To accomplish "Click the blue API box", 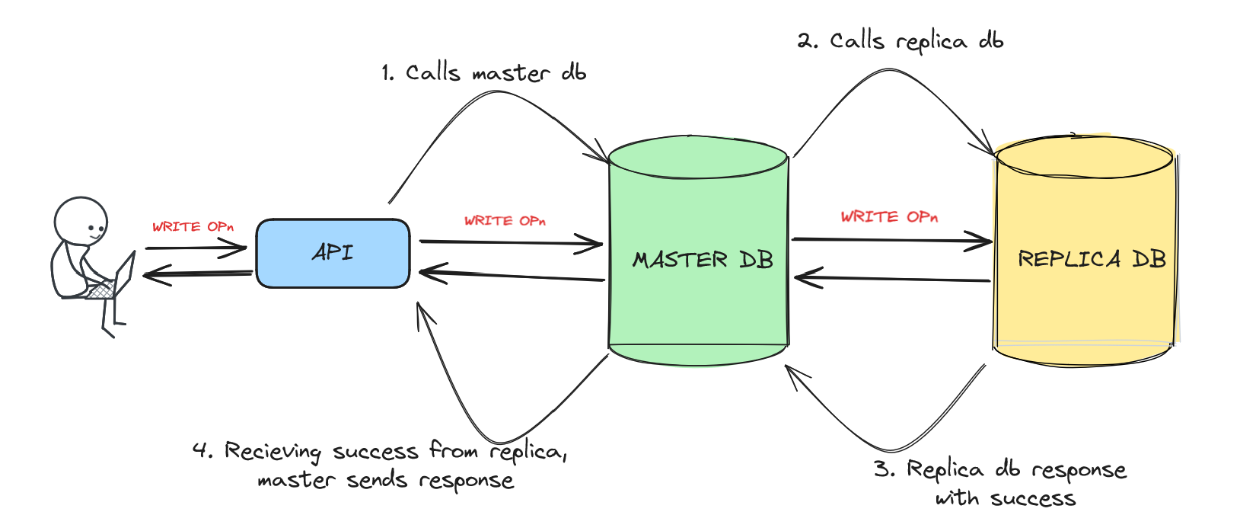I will click(333, 254).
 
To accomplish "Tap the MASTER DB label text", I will click(703, 260).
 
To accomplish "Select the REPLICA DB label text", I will click(1092, 259).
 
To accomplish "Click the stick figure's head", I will click(81, 221).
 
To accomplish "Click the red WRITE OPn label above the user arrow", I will click(193, 227).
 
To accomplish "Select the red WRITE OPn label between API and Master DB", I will click(505, 221).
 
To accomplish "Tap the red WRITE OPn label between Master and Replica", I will click(889, 217).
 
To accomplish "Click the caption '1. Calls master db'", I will click(484, 73).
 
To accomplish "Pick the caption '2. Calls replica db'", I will click(900, 41).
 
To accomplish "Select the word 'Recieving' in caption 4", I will click(273, 452).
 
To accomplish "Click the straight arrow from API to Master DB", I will click(510, 243).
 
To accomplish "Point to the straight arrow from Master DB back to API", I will click(510, 275).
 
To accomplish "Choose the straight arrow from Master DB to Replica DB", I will click(891, 241).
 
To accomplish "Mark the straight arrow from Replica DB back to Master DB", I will click(891, 278).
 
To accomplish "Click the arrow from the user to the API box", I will click(196, 248).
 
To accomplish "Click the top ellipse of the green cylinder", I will click(698, 158).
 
